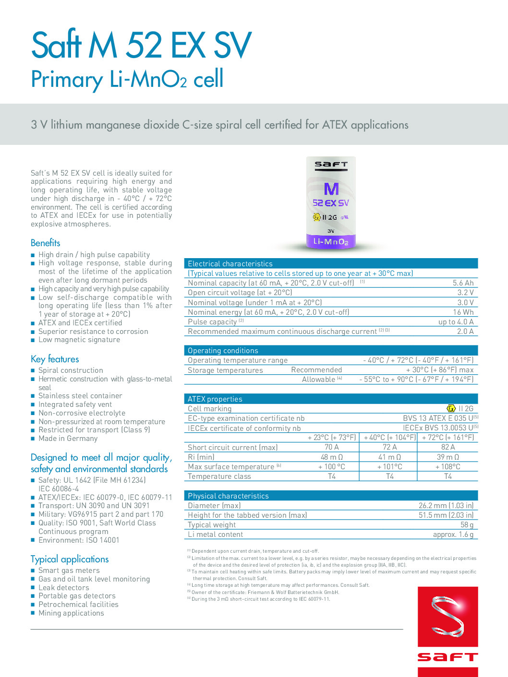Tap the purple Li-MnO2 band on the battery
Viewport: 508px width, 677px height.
point(331,241)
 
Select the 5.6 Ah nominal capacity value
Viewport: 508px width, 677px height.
point(463,283)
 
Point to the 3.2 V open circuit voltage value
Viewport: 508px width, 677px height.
point(465,293)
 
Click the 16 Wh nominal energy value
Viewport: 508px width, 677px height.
point(463,312)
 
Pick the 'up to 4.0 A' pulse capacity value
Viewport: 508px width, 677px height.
point(456,322)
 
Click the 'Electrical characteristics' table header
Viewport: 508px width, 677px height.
point(230,264)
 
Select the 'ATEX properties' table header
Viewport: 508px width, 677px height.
point(215,399)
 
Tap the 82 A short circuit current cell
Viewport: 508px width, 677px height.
point(448,447)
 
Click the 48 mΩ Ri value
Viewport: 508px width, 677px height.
point(331,457)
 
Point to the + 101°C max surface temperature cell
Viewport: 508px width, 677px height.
point(389,467)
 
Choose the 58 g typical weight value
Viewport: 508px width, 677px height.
point(467,525)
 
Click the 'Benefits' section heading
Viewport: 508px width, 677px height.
point(46,243)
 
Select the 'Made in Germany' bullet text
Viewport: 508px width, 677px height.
point(68,439)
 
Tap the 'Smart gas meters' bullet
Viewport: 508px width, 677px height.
point(69,570)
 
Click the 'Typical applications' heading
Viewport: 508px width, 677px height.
point(70,559)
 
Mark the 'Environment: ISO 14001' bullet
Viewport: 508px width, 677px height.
point(79,540)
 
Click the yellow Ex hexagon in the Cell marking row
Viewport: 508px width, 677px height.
point(451,408)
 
